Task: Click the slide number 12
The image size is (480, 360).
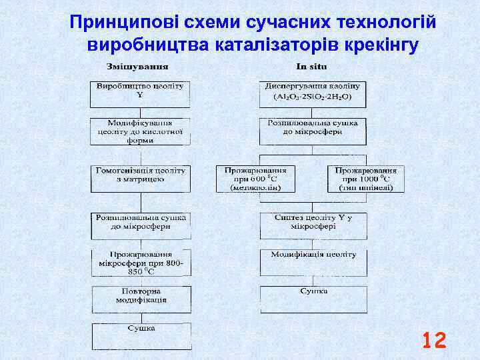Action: click(434, 341)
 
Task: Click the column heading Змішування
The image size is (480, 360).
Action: click(137, 67)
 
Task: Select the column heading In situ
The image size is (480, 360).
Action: click(311, 67)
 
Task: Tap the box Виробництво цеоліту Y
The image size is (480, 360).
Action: click(140, 93)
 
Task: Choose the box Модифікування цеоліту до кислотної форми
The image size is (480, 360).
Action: click(140, 131)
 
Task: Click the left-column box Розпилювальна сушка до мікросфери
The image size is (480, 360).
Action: click(140, 225)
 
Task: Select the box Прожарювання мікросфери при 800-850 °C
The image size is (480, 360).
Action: click(140, 263)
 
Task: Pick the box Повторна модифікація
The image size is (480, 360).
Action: click(140, 297)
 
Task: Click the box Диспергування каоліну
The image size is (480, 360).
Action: click(312, 87)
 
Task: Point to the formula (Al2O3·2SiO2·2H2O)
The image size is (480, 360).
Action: click(312, 97)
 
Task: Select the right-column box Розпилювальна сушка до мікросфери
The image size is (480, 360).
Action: click(312, 131)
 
